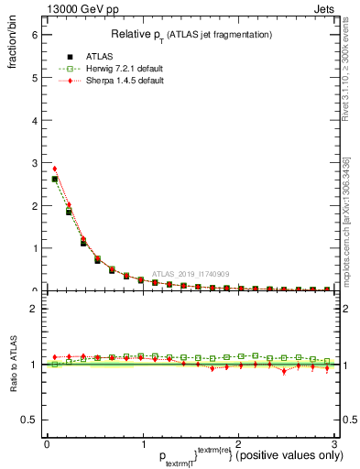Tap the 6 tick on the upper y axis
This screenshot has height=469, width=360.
tap(35, 34)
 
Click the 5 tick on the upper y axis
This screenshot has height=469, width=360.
tap(35, 77)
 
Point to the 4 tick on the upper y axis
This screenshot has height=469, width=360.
tap(35, 120)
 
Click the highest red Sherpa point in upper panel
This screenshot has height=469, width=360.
tap(54, 169)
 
